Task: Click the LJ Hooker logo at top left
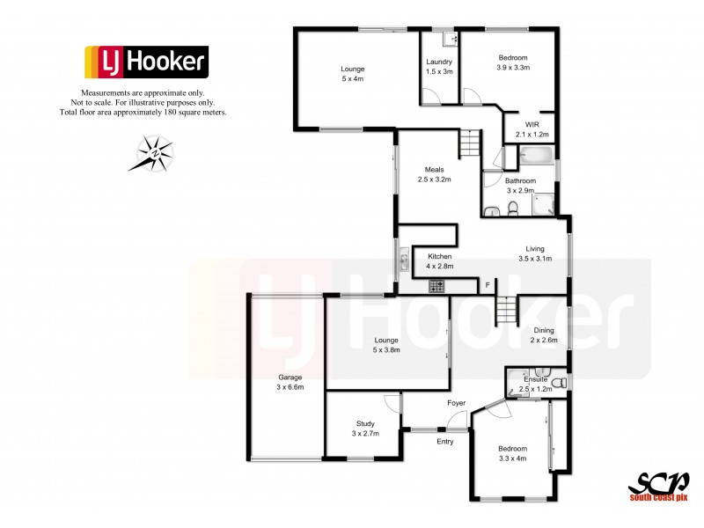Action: click(146, 62)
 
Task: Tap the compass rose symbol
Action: click(155, 153)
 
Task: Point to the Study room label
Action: click(365, 429)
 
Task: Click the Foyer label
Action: click(456, 404)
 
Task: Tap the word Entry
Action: click(445, 441)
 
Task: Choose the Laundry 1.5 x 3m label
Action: click(438, 67)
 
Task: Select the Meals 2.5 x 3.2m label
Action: click(434, 174)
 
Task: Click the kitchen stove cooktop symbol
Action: click(436, 286)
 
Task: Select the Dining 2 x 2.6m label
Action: click(544, 335)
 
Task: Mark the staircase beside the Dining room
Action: click(506, 310)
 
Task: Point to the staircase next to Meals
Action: click(472, 142)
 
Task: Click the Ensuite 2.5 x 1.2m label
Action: click(536, 384)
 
